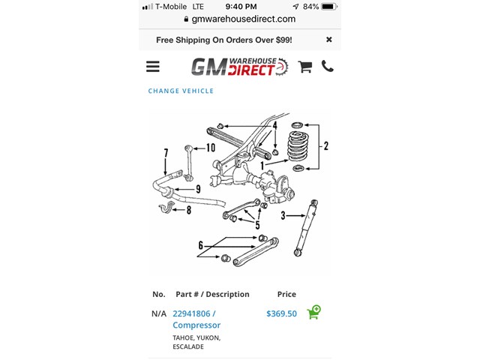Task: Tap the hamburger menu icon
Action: tap(153, 67)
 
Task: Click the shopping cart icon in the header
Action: tap(304, 67)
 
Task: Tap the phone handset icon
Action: tap(328, 66)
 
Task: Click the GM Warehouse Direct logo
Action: tap(239, 67)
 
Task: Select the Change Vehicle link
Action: tap(181, 91)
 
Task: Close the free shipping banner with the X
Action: tap(328, 39)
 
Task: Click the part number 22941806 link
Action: tap(194, 313)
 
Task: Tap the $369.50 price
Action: tap(281, 313)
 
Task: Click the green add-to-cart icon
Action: tap(314, 312)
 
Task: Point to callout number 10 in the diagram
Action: tap(210, 148)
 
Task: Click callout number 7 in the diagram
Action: tap(166, 154)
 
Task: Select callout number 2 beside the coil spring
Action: tap(325, 146)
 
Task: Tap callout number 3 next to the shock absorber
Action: tap(283, 216)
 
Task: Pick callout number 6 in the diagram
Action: tap(201, 245)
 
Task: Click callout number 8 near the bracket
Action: tap(189, 211)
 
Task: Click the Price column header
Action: tap(286, 294)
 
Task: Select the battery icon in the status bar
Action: tap(330, 6)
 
